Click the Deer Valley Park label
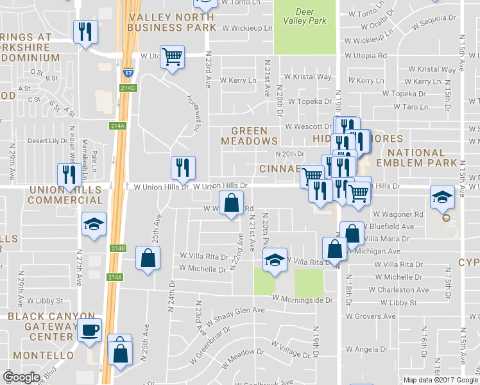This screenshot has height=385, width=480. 304,16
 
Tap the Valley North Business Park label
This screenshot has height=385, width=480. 171,22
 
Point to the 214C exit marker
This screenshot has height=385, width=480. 128,88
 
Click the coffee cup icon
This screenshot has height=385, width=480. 90,330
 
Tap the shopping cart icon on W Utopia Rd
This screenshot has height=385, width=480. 172,56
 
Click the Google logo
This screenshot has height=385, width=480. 22,377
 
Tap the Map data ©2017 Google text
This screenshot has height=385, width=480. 440,380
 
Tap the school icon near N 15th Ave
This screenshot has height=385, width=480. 443,196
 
